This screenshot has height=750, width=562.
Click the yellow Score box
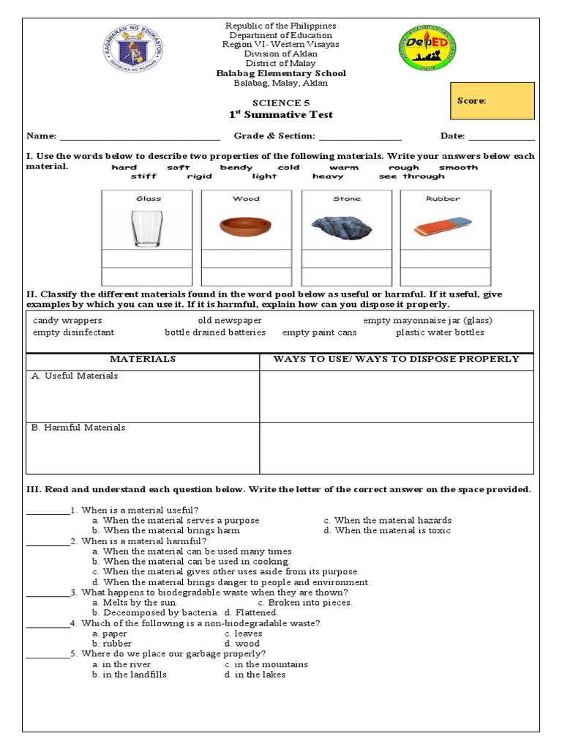pyautogui.click(x=492, y=101)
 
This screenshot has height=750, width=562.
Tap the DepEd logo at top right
pyautogui.click(x=427, y=48)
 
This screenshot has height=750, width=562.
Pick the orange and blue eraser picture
pyautogui.click(x=445, y=226)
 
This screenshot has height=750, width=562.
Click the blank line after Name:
pyautogui.click(x=139, y=136)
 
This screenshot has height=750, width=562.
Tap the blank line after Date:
pyautogui.click(x=501, y=136)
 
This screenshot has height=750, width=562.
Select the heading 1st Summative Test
pyautogui.click(x=282, y=115)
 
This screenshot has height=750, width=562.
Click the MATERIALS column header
pyautogui.click(x=143, y=359)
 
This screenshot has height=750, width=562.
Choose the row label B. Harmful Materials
pyautogui.click(x=78, y=428)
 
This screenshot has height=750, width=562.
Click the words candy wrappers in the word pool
pyautogui.click(x=67, y=321)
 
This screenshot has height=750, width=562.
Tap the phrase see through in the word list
pyautogui.click(x=411, y=177)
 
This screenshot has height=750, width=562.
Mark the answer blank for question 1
pyautogui.click(x=48, y=510)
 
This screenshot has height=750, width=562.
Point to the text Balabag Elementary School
pyautogui.click(x=280, y=73)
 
